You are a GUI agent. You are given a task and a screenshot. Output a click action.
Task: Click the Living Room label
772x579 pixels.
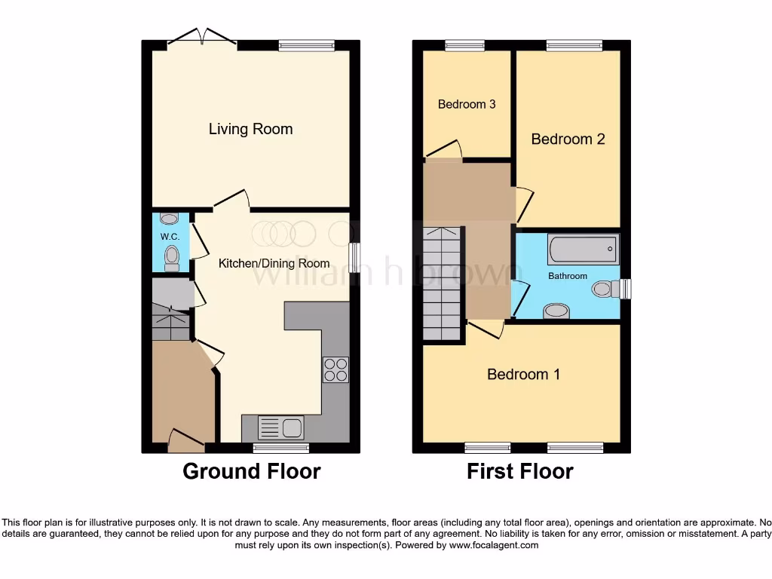point(250,129)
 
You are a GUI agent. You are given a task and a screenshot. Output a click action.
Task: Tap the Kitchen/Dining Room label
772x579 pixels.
point(274,263)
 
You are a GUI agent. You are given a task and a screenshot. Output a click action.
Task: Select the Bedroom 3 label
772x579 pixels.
point(467,104)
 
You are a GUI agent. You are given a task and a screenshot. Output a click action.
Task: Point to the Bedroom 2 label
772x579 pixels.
point(568,139)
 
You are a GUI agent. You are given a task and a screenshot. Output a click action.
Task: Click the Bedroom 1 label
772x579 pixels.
point(523,374)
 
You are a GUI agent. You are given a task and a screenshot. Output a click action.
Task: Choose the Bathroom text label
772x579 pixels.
point(567,276)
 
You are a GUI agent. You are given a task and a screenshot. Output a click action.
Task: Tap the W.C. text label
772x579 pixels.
point(169,236)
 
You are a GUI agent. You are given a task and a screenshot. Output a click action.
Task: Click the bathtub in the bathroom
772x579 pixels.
point(583,249)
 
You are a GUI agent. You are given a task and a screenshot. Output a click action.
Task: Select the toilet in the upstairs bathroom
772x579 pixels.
point(607,288)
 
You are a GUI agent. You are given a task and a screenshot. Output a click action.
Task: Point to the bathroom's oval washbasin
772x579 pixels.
point(556,310)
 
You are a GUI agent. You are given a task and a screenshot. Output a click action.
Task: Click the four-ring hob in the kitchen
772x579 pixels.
point(335,369)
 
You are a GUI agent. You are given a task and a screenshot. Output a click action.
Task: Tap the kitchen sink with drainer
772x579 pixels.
point(280,428)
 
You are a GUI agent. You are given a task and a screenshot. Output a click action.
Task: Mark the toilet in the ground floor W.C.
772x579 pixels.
point(172,258)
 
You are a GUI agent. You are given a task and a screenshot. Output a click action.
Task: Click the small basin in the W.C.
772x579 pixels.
point(170,219)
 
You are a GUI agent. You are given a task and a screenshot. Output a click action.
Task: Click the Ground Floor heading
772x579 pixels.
point(251,472)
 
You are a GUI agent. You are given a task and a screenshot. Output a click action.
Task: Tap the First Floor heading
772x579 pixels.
point(519,472)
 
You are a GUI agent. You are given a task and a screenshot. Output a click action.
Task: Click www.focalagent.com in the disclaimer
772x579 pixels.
point(494,545)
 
